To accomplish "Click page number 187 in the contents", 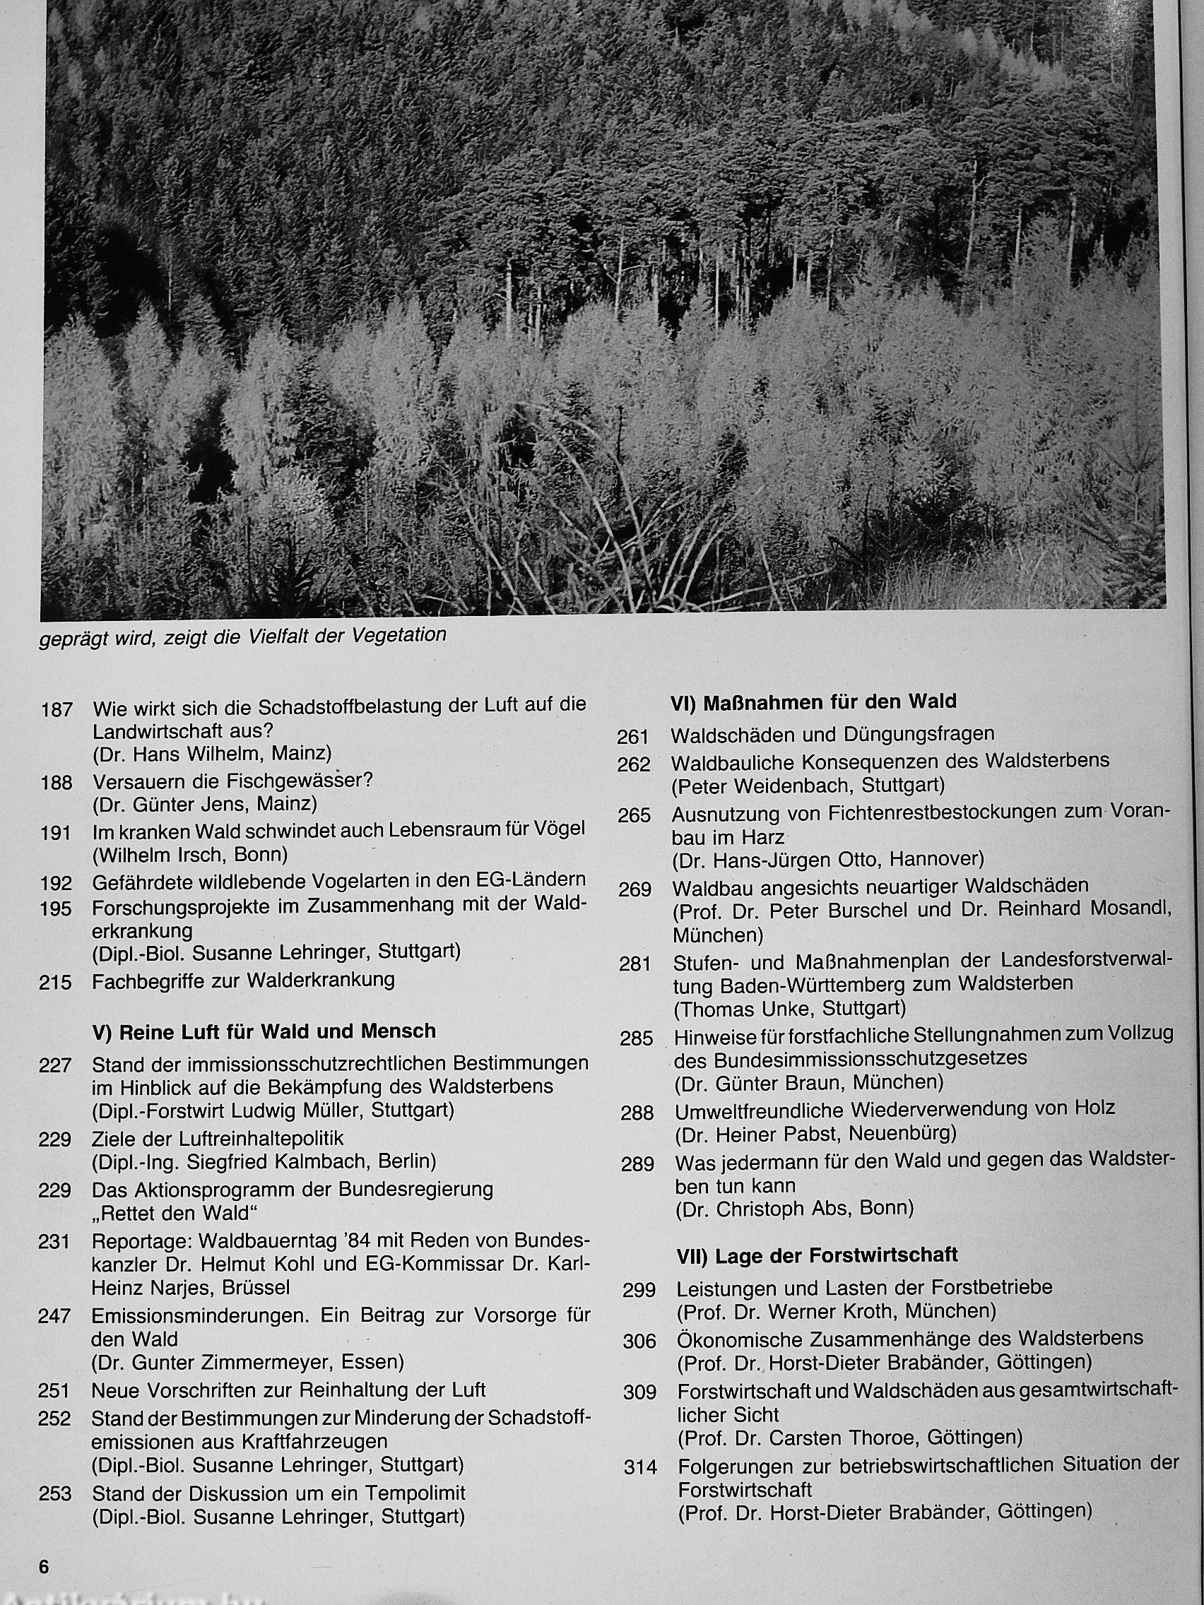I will [56, 710].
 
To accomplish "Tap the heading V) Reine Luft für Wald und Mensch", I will [264, 1031].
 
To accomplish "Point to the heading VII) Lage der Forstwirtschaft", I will [817, 1255].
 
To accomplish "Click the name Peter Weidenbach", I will [772, 785].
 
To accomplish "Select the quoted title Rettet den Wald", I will [176, 1212].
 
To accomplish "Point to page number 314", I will [640, 1468].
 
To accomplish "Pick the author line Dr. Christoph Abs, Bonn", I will [794, 1209].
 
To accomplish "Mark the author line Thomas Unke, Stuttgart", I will [790, 1008].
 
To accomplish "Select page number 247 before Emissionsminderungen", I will [54, 1315].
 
